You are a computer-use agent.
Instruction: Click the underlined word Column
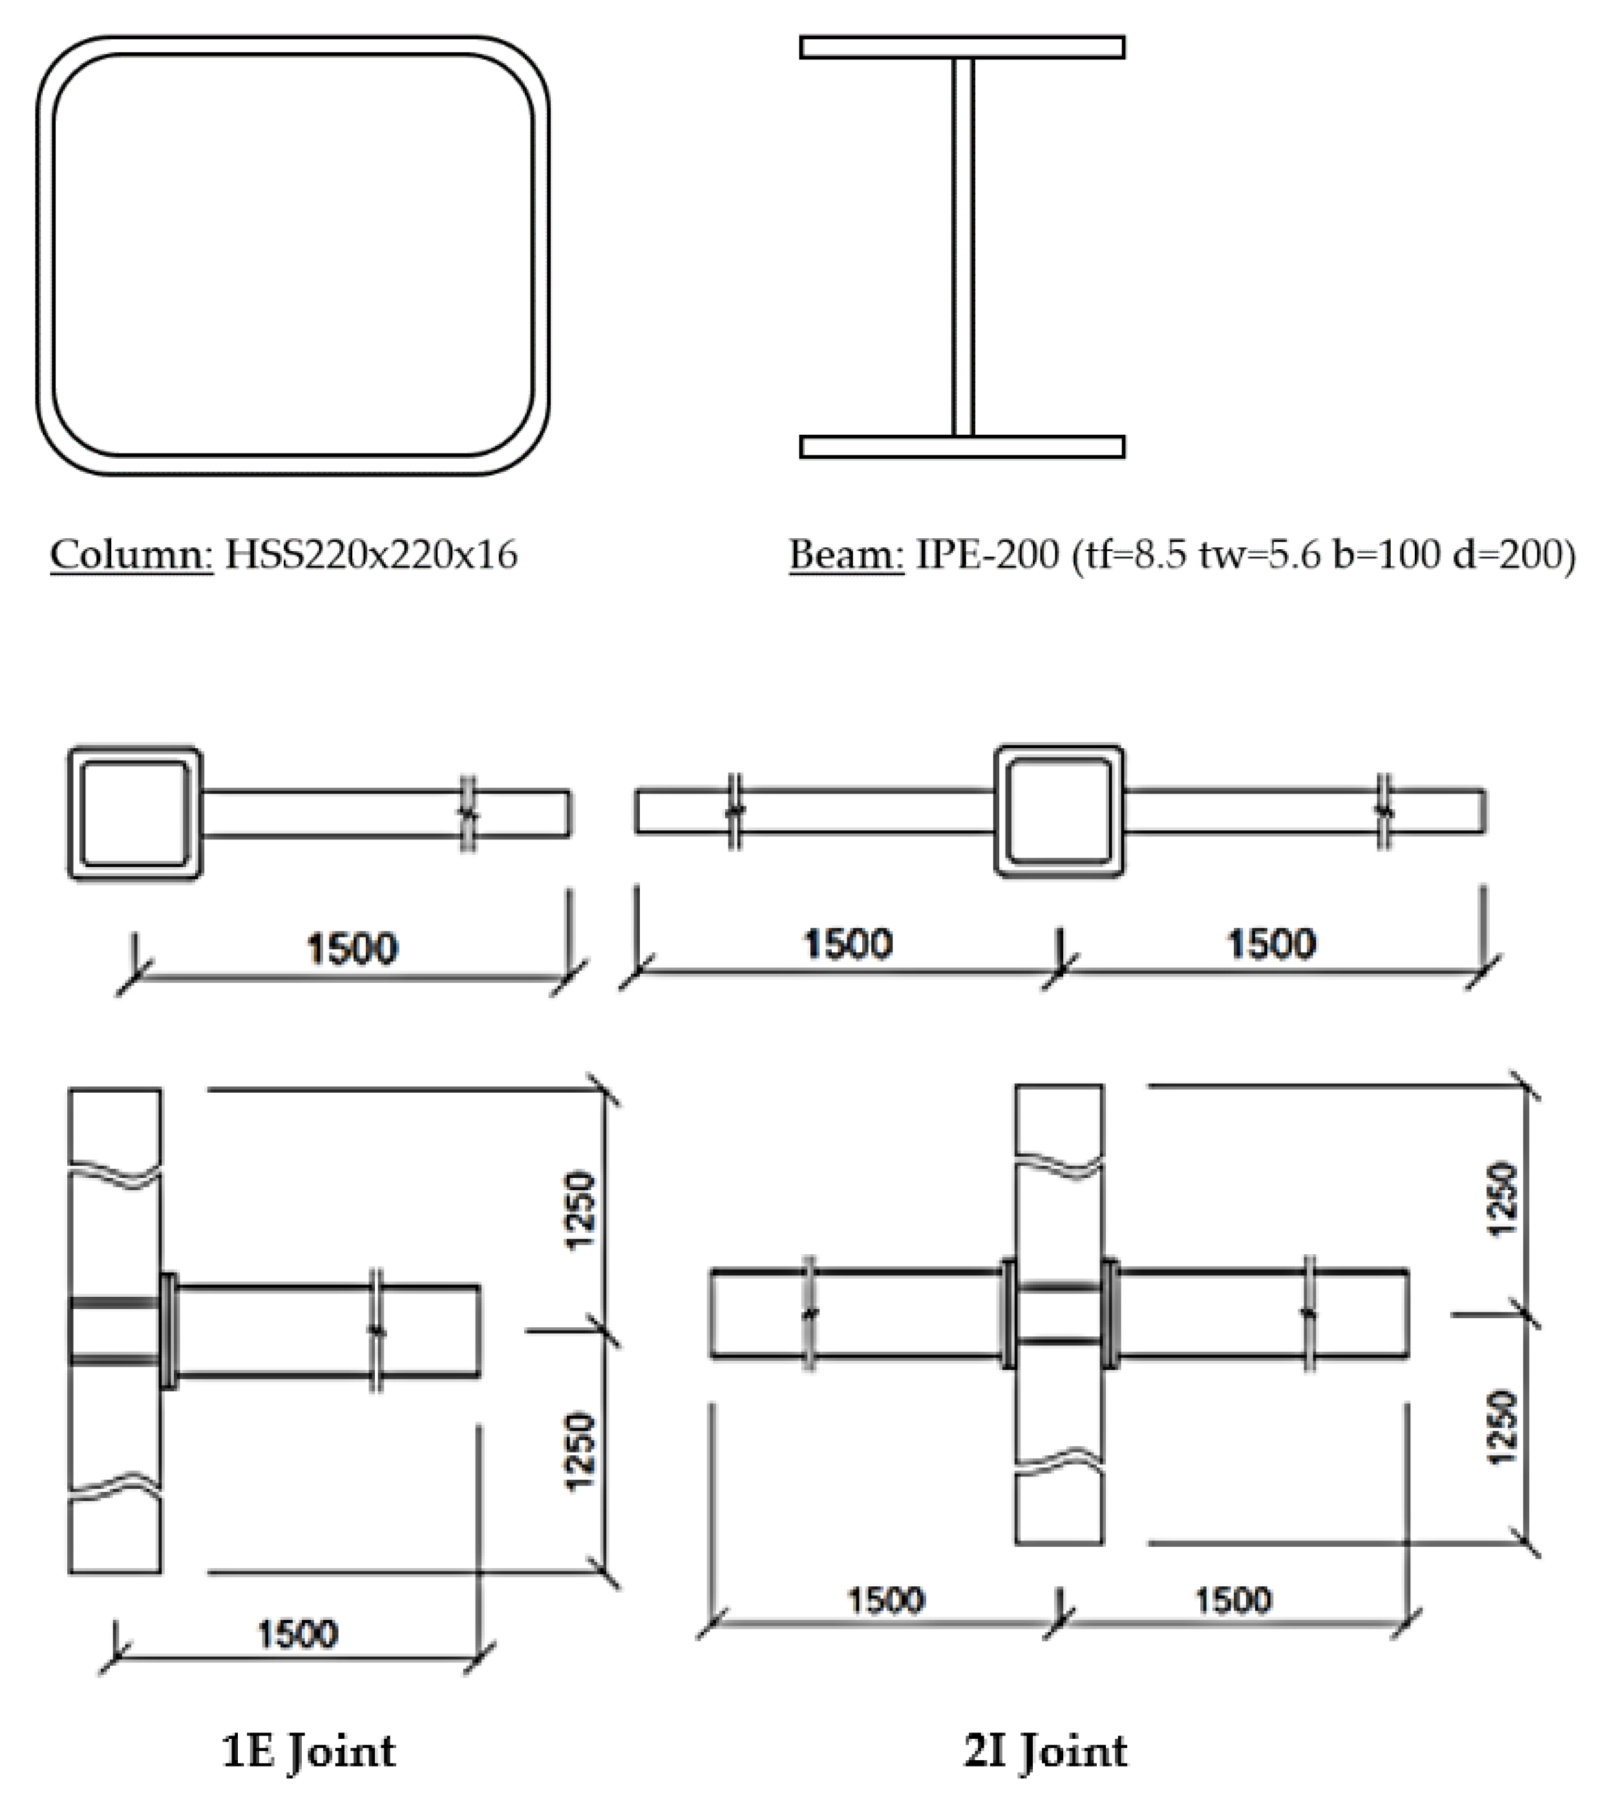click(131, 555)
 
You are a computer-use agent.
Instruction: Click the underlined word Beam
click(846, 555)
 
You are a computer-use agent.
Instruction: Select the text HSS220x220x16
click(371, 555)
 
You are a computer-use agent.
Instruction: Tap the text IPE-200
click(986, 555)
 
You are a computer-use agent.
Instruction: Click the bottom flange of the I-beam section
click(962, 447)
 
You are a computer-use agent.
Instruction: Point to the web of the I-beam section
click(964, 247)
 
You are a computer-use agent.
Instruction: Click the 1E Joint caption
click(308, 1751)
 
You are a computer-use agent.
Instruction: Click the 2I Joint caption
click(1044, 1751)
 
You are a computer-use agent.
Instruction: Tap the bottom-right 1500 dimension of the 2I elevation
click(1234, 1600)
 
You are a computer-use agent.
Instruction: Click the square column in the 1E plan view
click(135, 814)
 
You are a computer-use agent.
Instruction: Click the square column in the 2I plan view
click(1059, 811)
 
